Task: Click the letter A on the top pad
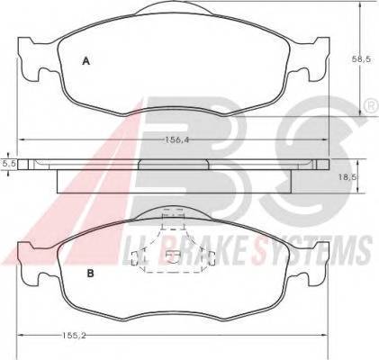pos(86,61)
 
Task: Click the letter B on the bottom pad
pos(90,274)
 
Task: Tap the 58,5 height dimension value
pos(362,59)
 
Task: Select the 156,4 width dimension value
pos(178,139)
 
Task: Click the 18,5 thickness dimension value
pos(347,177)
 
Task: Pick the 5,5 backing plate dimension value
pos(9,164)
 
